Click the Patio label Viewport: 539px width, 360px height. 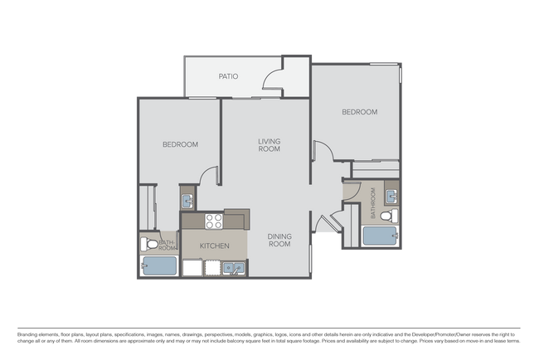click(228, 76)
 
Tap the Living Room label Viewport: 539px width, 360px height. click(268, 145)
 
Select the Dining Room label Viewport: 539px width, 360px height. click(279, 240)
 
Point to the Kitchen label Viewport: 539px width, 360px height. click(214, 246)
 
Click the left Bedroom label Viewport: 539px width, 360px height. click(180, 144)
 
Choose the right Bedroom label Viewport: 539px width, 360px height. click(360, 112)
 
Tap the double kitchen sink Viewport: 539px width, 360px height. click(233, 268)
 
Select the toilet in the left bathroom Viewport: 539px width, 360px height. click(149, 244)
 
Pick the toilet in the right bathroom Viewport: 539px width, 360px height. click(393, 216)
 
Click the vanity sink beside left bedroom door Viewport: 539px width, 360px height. click(188, 200)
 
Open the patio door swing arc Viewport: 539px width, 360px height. click(271, 79)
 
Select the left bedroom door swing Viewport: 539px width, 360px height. click(209, 176)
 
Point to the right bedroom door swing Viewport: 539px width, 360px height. click(323, 151)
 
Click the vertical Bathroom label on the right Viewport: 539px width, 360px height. click(374, 203)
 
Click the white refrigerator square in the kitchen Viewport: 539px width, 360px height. click(192, 268)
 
